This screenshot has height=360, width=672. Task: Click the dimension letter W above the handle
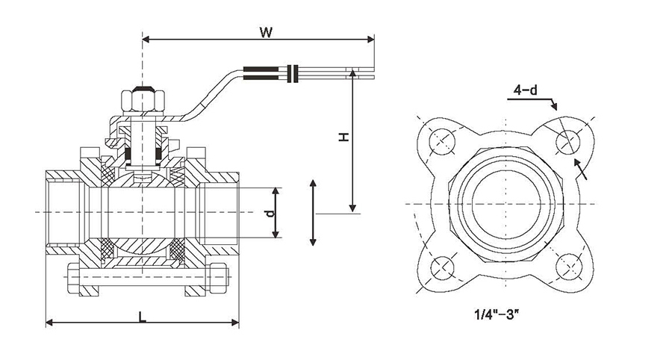pos(264,31)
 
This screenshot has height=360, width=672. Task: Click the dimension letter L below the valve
pos(142,316)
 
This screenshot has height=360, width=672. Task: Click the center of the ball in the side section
pos(142,212)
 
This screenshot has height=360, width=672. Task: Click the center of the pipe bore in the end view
pos(505,204)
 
